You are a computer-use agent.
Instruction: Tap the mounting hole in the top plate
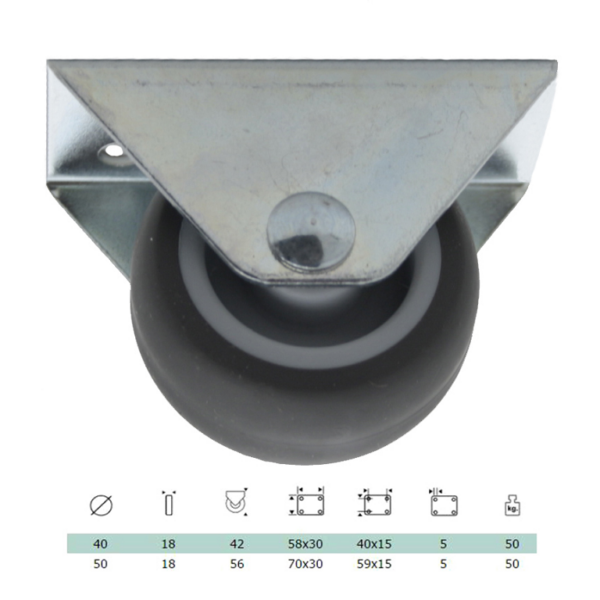[113, 151]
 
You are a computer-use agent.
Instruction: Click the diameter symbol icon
[101, 505]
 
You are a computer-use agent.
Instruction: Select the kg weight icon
[512, 506]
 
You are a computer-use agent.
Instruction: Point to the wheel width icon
[168, 503]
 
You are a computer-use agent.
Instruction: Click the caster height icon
[236, 502]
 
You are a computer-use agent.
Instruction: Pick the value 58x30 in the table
[305, 543]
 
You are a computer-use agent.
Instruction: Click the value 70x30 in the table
[305, 564]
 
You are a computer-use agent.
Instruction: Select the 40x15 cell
[374, 543]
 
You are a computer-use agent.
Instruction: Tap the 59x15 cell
[374, 564]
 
